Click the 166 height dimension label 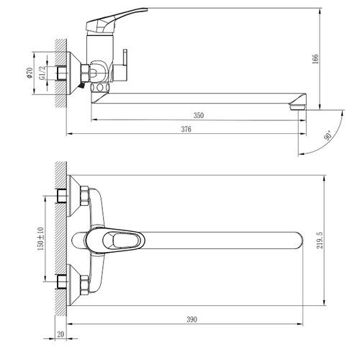(315, 59)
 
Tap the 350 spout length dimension (199, 115)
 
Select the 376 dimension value (186, 129)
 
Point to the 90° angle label (328, 135)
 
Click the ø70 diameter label (30, 73)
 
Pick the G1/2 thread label (42, 73)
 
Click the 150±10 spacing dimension (40, 238)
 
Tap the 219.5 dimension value (320, 240)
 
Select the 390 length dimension (192, 320)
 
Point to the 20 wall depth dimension (60, 334)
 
